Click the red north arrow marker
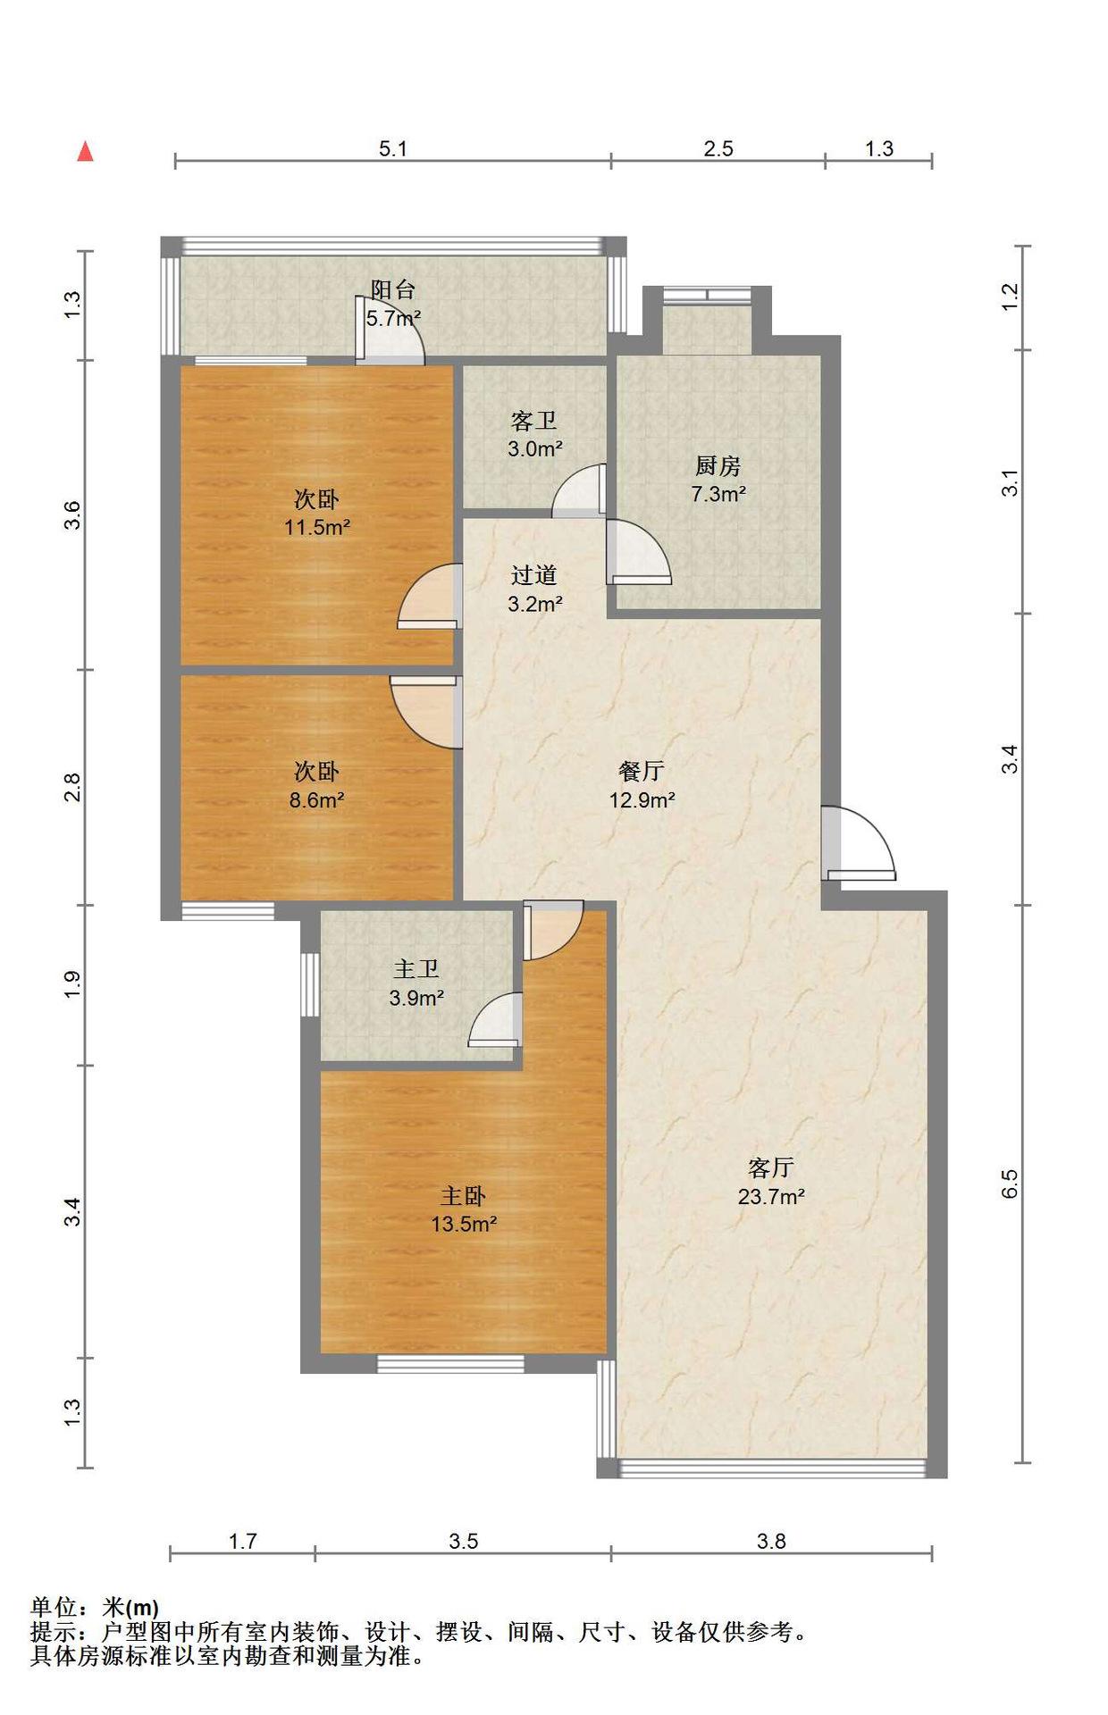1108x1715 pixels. click(86, 152)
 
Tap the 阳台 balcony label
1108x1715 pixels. click(393, 289)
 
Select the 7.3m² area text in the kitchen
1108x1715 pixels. click(718, 493)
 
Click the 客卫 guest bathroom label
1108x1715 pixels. click(534, 421)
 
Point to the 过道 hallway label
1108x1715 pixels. click(534, 575)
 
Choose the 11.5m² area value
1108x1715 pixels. click(317, 527)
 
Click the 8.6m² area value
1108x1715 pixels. click(317, 799)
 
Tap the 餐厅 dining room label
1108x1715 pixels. click(642, 771)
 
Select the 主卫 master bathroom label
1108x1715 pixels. click(416, 969)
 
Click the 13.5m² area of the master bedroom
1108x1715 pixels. click(464, 1224)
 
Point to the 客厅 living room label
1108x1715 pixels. click(770, 1167)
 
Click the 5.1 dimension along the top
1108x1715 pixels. click(393, 148)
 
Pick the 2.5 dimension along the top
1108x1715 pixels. click(718, 148)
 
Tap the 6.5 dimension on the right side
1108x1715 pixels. click(1009, 1184)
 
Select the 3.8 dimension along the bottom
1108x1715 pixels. click(771, 1541)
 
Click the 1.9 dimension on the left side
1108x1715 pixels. click(72, 984)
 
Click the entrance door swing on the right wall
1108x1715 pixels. click(859, 843)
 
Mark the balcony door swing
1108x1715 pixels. click(390, 332)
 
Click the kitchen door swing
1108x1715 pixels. click(638, 552)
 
